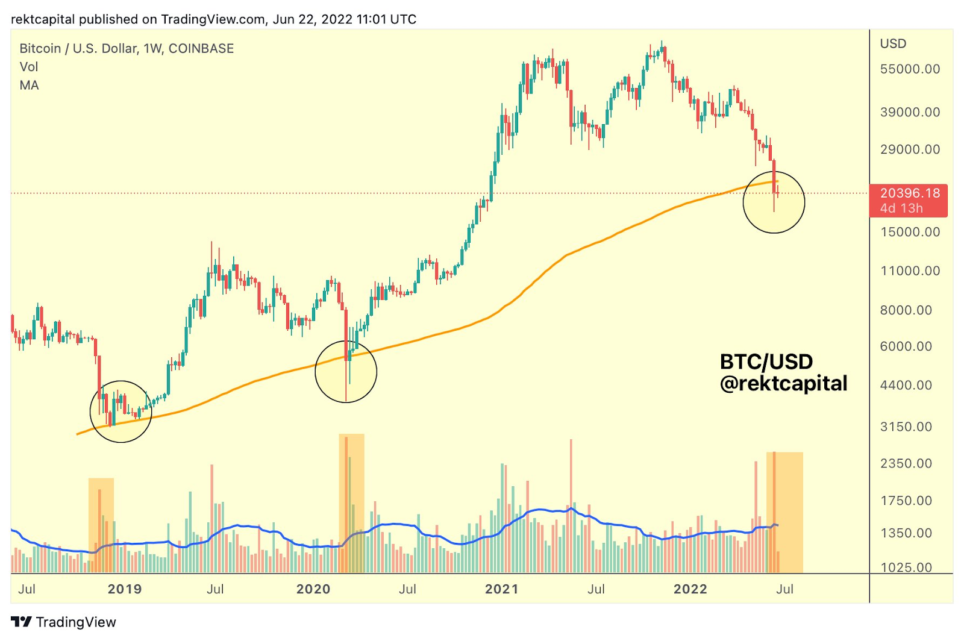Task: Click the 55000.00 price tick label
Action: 910,69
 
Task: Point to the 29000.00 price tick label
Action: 910,149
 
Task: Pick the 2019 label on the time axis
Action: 125,589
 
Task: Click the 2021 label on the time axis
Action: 501,589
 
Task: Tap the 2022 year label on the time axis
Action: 690,589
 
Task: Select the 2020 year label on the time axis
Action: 313,589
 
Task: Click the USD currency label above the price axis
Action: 893,43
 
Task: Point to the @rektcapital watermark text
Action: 783,383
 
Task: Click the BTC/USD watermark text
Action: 766,361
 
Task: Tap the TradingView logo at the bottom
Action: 63,622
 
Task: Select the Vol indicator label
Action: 29,67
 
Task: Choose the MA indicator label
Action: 29,86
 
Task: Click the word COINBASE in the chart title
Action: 201,49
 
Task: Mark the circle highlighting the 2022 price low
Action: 774,202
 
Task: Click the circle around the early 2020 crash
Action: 346,371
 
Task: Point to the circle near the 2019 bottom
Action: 120,411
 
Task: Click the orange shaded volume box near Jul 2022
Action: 784,512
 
